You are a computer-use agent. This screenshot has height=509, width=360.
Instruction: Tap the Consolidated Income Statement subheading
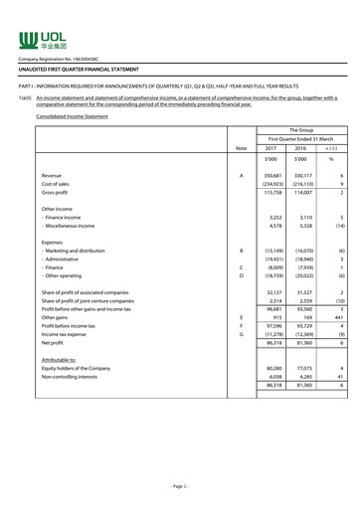pos(68,116)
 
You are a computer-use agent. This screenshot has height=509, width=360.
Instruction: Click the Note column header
pos(241,148)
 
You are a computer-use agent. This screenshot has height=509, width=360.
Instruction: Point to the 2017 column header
pos(270,148)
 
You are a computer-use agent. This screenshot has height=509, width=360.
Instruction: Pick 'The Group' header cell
pos(300,129)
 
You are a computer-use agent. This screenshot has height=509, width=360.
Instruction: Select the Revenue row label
pos(52,175)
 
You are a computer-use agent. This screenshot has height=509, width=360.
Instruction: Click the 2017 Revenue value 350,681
pos(269,175)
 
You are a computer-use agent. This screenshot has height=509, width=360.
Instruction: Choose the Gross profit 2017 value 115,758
pos(269,194)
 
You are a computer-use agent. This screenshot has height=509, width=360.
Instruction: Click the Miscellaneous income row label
pos(73,226)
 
